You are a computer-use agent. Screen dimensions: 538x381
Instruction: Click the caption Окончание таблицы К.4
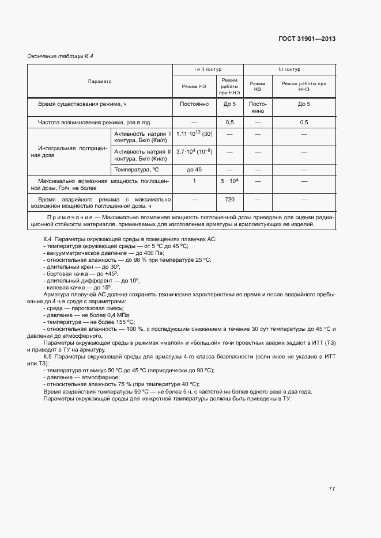coord(61,56)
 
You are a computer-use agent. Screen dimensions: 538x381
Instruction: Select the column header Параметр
coord(100,82)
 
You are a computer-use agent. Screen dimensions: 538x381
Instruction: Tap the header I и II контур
coord(208,69)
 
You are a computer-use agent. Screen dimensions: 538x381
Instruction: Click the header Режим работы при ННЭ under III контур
coord(304,86)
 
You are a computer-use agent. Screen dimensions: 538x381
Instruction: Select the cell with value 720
coord(229,200)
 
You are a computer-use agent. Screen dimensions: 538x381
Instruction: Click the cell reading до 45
coord(194,169)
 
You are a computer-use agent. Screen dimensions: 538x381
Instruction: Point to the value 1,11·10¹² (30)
coord(194,133)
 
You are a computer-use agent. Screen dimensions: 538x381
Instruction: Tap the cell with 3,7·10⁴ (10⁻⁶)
coord(194,151)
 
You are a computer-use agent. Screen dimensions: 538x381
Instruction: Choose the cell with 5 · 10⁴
coord(229,181)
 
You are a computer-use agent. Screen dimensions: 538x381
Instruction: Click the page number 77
coord(331,489)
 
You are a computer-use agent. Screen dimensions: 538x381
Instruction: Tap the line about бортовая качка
coord(81,273)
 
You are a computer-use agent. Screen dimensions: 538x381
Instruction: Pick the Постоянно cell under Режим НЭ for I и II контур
coord(194,104)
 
